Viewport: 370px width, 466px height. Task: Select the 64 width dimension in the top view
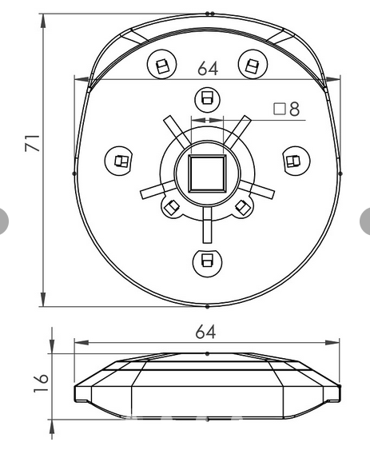(x=207, y=68)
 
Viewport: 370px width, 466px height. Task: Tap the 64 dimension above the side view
(x=207, y=331)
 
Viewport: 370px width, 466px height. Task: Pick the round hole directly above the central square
(x=206, y=99)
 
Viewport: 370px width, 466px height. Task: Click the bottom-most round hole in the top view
(x=206, y=260)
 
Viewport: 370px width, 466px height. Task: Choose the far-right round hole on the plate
(x=293, y=161)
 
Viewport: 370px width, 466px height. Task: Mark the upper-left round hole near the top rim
(x=161, y=66)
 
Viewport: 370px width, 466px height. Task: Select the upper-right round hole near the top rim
(x=253, y=66)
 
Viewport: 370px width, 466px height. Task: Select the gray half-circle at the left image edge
(x=4, y=220)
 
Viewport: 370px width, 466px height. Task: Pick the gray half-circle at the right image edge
(x=366, y=220)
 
